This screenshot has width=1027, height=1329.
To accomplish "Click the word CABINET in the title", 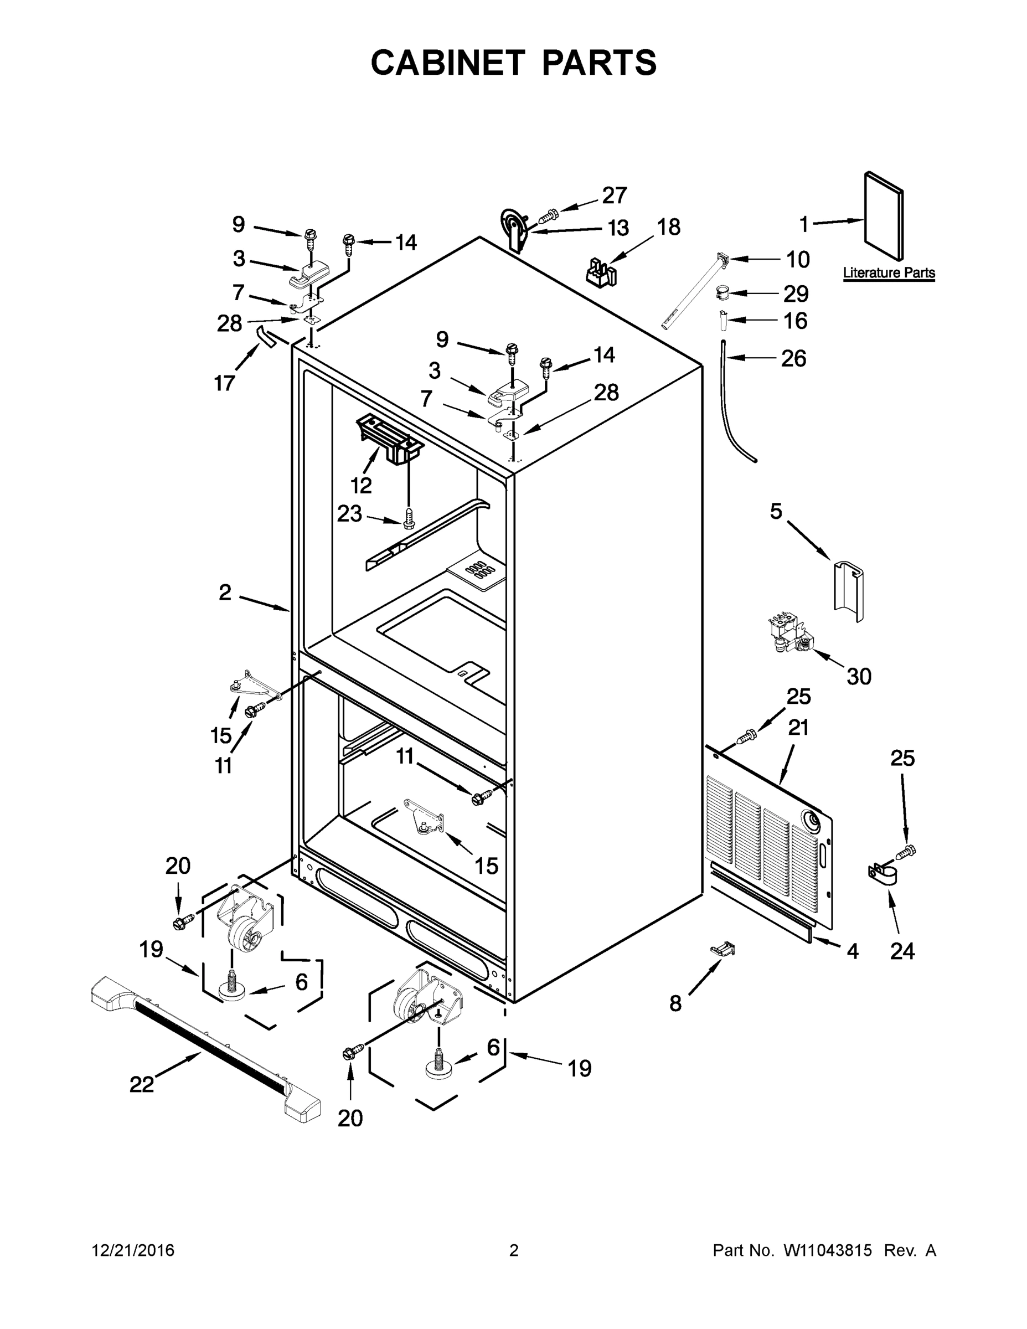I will [448, 63].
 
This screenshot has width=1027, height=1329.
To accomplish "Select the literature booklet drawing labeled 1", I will [884, 214].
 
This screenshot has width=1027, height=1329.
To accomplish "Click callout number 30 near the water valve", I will [859, 676].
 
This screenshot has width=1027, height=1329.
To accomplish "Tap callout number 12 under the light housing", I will [361, 485].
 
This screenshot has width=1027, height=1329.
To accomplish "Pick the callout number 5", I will [776, 511].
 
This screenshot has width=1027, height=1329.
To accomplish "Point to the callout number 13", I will [618, 228].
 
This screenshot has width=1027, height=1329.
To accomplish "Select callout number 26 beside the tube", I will [793, 358].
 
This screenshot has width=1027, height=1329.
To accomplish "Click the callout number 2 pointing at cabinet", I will [225, 591].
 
